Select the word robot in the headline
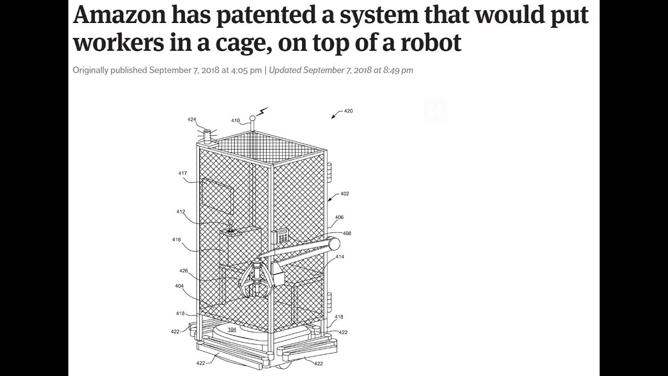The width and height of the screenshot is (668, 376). point(431,42)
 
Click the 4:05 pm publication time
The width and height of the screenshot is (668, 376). point(246,70)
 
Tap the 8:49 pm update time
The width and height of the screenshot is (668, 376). point(398,70)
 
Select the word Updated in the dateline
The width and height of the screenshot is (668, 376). point(285,70)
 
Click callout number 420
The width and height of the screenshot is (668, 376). point(348,111)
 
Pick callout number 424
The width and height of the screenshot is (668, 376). point(192,120)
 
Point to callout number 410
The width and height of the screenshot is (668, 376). point(235,121)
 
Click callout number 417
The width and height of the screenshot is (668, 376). point(183,173)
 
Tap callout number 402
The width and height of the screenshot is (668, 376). point(344,194)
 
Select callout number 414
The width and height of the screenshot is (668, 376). point(340,257)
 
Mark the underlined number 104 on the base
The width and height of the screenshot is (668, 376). point(232,330)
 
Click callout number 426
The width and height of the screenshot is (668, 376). point(184,271)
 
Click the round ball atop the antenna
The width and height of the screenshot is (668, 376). point(252,119)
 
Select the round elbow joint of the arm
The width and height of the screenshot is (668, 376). point(334,243)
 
